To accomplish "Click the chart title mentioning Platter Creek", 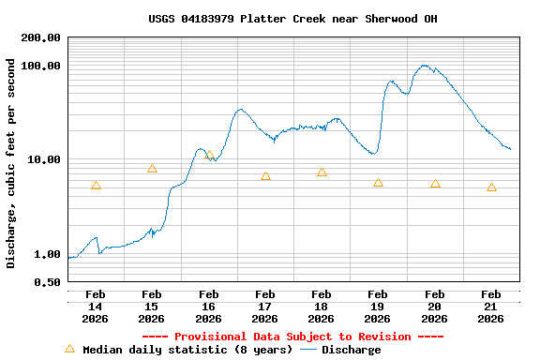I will tap(292, 19).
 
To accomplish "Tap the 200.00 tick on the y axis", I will tap(40, 37).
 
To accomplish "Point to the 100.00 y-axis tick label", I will tap(40, 66).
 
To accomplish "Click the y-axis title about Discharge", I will tap(11, 163).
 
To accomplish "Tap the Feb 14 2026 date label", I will tap(96, 307).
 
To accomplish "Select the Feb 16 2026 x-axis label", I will tap(208, 307).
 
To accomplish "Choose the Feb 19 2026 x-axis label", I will tap(378, 307).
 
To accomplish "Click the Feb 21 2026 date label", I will tap(490, 307).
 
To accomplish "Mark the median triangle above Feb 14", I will tap(96, 186).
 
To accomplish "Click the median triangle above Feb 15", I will tap(152, 169).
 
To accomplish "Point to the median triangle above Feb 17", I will tap(265, 175).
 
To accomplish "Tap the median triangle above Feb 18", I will tap(322, 172).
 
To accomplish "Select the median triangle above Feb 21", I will tap(491, 187).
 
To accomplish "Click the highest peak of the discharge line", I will tap(426, 66).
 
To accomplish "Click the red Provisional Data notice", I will tap(292, 337).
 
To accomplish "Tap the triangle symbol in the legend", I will tap(69, 349).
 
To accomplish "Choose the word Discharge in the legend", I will tap(352, 350).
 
